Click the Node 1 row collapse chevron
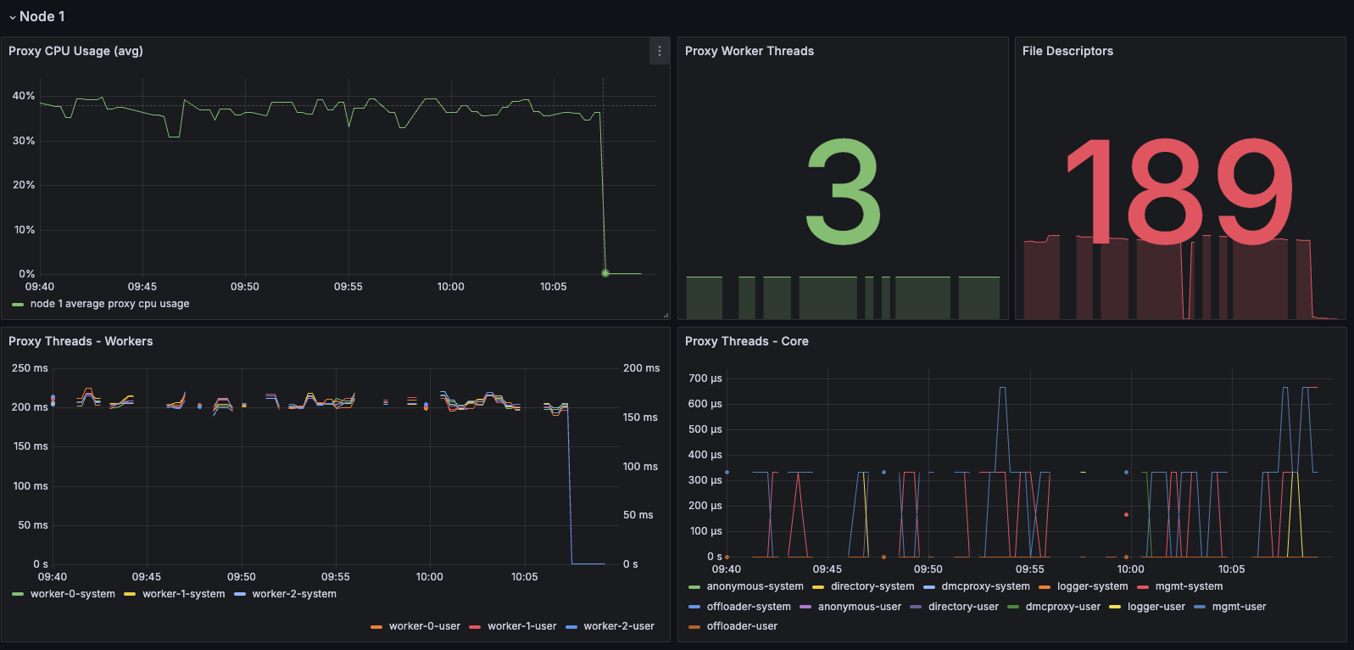(12, 17)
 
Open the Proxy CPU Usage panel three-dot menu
(660, 51)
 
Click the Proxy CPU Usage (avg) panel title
(75, 51)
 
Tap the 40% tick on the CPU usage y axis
(24, 96)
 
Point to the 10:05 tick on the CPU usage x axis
(553, 287)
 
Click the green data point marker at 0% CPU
(605, 273)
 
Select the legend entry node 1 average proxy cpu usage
(109, 304)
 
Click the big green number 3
(843, 192)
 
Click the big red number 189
(1179, 192)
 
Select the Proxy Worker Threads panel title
(749, 51)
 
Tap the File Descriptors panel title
(1067, 51)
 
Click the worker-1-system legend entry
(183, 594)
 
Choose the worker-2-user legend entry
(618, 626)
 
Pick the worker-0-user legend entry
(424, 626)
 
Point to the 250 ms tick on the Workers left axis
(30, 368)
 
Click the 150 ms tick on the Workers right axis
(640, 417)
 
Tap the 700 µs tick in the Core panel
(705, 378)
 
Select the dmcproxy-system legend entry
(985, 586)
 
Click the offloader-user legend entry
(742, 626)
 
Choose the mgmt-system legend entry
(1189, 586)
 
